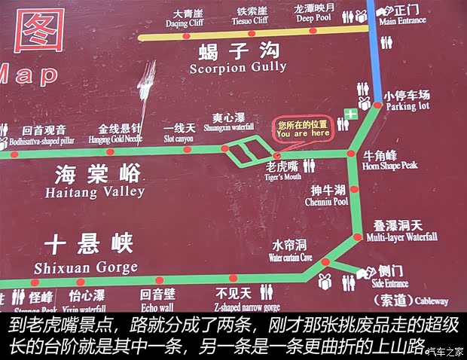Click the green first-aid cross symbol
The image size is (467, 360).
(x=350, y=114)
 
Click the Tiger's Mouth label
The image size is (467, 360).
(x=282, y=170)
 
